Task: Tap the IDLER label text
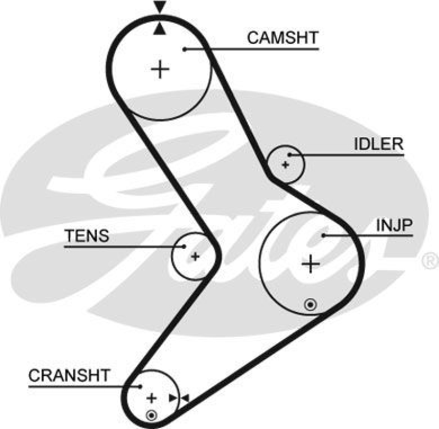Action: [378, 144]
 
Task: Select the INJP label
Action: [394, 225]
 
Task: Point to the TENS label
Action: [87, 236]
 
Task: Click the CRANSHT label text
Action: [69, 376]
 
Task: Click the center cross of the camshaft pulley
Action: [160, 69]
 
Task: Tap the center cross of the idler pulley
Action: [285, 164]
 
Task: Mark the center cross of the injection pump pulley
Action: [311, 264]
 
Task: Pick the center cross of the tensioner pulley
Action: [195, 256]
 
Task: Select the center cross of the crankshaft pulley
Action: [152, 398]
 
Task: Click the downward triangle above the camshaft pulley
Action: [159, 7]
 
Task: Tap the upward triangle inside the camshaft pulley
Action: [159, 29]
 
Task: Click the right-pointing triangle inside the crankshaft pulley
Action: [174, 398]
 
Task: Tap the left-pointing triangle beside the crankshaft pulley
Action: [185, 398]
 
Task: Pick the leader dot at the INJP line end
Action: [324, 235]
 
